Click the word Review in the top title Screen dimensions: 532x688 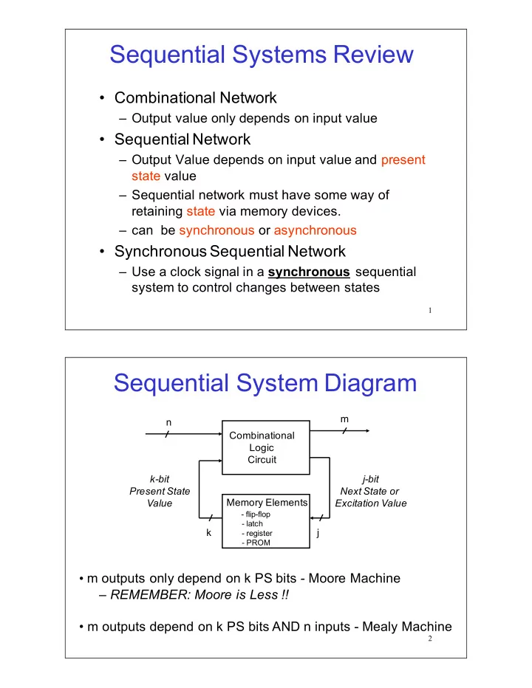(373, 55)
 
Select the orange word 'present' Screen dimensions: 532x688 (403, 160)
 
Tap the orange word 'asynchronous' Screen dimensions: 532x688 (315, 231)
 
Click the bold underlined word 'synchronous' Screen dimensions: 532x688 (309, 272)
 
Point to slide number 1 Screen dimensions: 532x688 (430, 311)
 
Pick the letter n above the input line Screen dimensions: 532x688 (168, 422)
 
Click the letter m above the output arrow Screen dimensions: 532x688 (344, 419)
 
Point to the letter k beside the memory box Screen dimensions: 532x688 (208, 532)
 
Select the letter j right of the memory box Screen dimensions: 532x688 (318, 533)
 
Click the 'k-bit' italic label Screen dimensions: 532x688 (160, 479)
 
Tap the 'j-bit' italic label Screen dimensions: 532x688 (371, 479)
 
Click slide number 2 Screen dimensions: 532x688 (430, 639)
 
